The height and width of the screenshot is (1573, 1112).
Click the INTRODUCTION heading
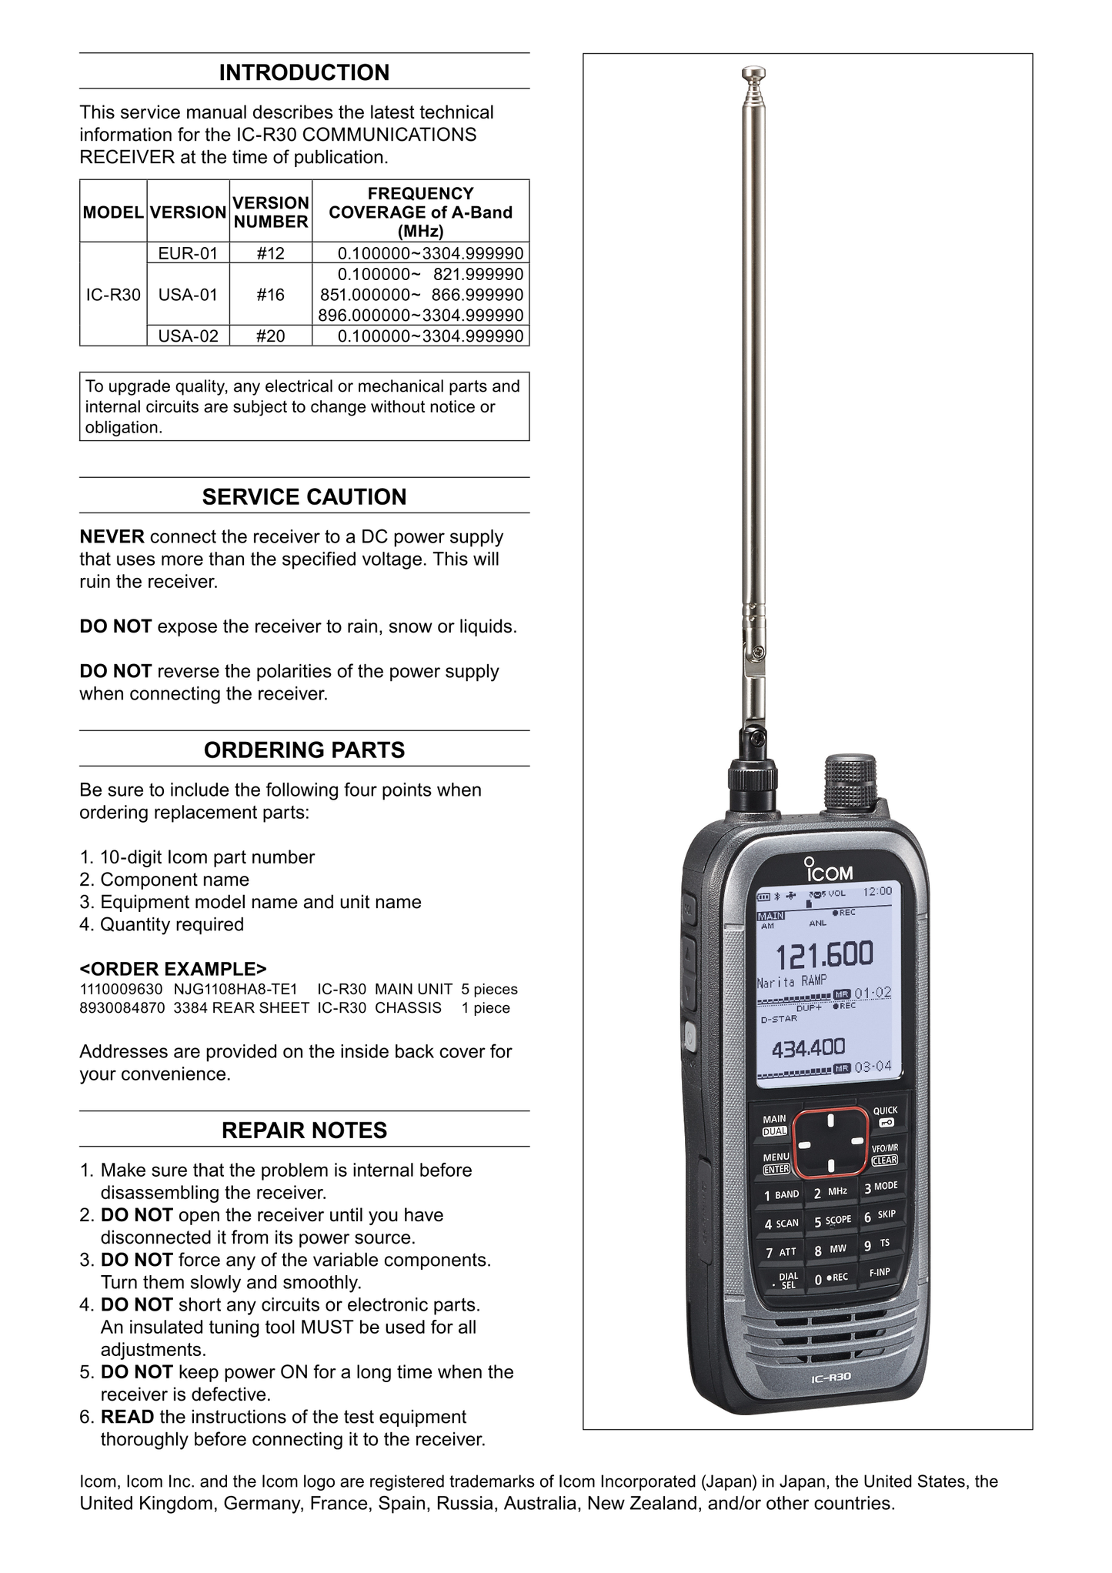pyautogui.click(x=304, y=72)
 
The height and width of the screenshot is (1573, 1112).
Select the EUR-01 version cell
pyautogui.click(x=188, y=253)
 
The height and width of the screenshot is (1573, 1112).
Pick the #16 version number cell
pyautogui.click(x=270, y=295)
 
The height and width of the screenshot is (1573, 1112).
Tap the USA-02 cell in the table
pyautogui.click(x=188, y=336)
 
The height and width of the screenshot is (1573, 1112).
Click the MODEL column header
pyautogui.click(x=113, y=212)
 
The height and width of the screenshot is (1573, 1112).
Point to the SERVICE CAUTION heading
pyautogui.click(x=304, y=496)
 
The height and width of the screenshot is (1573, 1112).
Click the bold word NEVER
pyautogui.click(x=112, y=536)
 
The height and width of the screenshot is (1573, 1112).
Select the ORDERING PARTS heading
pyautogui.click(x=304, y=750)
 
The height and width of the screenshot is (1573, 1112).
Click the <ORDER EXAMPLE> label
pyautogui.click(x=173, y=967)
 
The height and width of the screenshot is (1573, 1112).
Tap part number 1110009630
pyautogui.click(x=121, y=989)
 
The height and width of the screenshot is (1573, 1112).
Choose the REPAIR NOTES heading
pyautogui.click(x=304, y=1130)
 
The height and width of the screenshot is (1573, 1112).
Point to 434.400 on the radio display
pyautogui.click(x=808, y=1047)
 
